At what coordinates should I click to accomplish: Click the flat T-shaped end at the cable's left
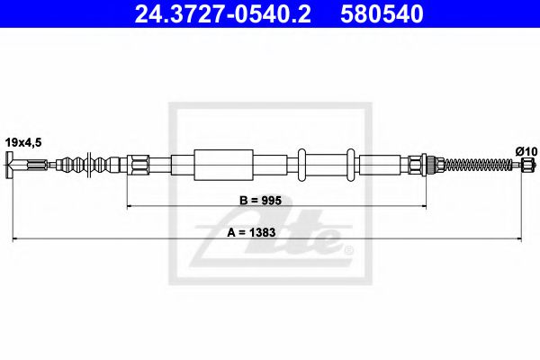10,165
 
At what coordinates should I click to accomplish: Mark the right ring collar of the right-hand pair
353,164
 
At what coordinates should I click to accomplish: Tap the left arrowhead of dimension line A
15,238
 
